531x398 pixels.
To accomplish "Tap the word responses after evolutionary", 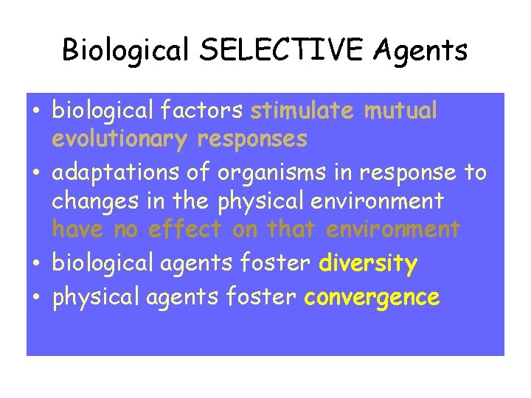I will [254, 140].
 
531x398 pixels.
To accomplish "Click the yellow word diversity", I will [369, 263].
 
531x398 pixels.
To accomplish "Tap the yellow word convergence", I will [372, 297].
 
